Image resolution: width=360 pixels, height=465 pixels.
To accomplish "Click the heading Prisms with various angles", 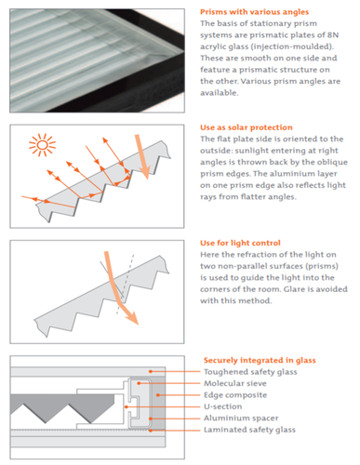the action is coord(254,12).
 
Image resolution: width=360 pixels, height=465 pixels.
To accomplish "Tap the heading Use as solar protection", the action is coord(247,127).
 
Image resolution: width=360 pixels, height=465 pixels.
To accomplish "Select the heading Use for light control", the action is coord(240,243).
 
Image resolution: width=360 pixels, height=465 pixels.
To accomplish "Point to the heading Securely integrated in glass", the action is coord(260,360).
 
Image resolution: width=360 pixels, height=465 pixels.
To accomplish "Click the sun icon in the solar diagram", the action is coord(42,145).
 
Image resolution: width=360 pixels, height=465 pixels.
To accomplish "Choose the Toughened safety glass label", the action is coord(250,372).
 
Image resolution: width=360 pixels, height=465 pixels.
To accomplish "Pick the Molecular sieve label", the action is coord(235,383).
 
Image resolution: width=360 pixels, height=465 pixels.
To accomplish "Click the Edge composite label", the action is coord(235,395).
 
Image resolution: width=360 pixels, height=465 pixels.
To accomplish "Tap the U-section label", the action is coord(222,406).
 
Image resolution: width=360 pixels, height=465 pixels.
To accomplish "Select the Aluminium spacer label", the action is coord(241,418).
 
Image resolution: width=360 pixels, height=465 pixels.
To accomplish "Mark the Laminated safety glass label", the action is coord(249,430).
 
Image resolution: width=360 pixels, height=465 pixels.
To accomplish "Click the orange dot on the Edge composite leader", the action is coord(158,395).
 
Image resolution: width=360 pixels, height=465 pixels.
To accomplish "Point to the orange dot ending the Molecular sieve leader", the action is coord(139,383).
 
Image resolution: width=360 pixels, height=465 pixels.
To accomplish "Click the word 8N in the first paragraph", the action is coord(333,35).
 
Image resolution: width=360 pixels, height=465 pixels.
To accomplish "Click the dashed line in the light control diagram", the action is coord(126,284).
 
